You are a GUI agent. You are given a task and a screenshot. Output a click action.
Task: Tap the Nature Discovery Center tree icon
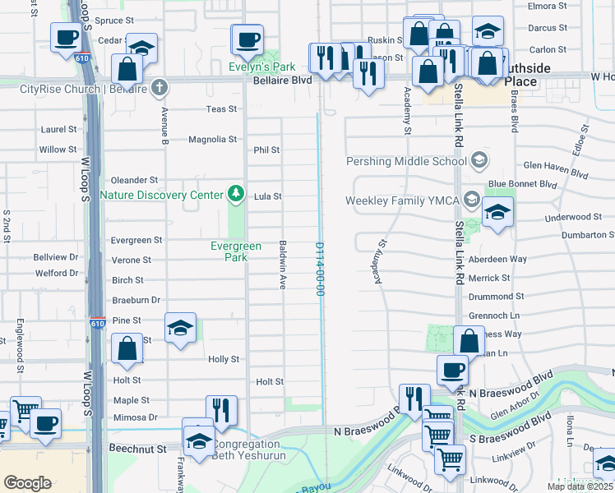[237, 194]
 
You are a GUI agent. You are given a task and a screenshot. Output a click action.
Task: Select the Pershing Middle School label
[406, 161]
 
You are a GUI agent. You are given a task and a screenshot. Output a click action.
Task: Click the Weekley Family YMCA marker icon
[472, 199]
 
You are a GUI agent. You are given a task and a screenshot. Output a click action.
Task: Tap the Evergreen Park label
[236, 251]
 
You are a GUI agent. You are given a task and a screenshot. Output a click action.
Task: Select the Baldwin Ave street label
[283, 265]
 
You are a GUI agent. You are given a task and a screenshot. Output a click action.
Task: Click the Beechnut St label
[138, 449]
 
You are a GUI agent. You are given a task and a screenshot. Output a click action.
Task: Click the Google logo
[27, 482]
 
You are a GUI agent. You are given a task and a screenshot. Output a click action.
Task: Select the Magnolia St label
[212, 140]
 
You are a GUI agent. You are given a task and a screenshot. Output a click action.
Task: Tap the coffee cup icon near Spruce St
[65, 36]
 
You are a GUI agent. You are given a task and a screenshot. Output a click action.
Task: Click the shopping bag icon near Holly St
[127, 348]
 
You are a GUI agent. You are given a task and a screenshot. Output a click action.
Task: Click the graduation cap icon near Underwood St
[497, 212]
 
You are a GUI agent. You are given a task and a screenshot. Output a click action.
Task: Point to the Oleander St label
[134, 180]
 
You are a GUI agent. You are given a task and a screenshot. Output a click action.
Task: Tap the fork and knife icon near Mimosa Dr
[221, 409]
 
